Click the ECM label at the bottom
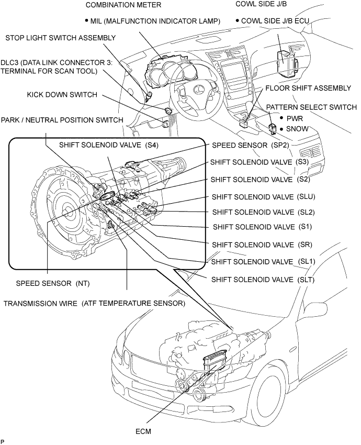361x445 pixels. point(143,431)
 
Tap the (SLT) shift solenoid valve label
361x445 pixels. point(263,280)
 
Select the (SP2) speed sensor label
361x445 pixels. point(251,146)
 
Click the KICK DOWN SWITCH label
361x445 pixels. point(62,95)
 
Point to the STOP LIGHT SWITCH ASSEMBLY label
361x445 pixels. point(60,38)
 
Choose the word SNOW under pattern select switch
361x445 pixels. point(297,129)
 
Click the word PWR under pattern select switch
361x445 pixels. point(295,118)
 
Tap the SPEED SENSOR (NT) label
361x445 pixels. point(53,283)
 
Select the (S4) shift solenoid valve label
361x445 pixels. point(109,145)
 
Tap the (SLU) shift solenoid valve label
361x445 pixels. point(264,197)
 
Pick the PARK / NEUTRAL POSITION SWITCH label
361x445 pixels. point(62,120)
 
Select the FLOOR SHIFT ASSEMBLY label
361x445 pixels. point(308,88)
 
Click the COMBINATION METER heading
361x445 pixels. point(123,5)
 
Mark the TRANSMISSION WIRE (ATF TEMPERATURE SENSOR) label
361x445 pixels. point(94,303)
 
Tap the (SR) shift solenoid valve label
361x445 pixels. point(262,244)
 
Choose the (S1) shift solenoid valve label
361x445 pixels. point(262,227)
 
